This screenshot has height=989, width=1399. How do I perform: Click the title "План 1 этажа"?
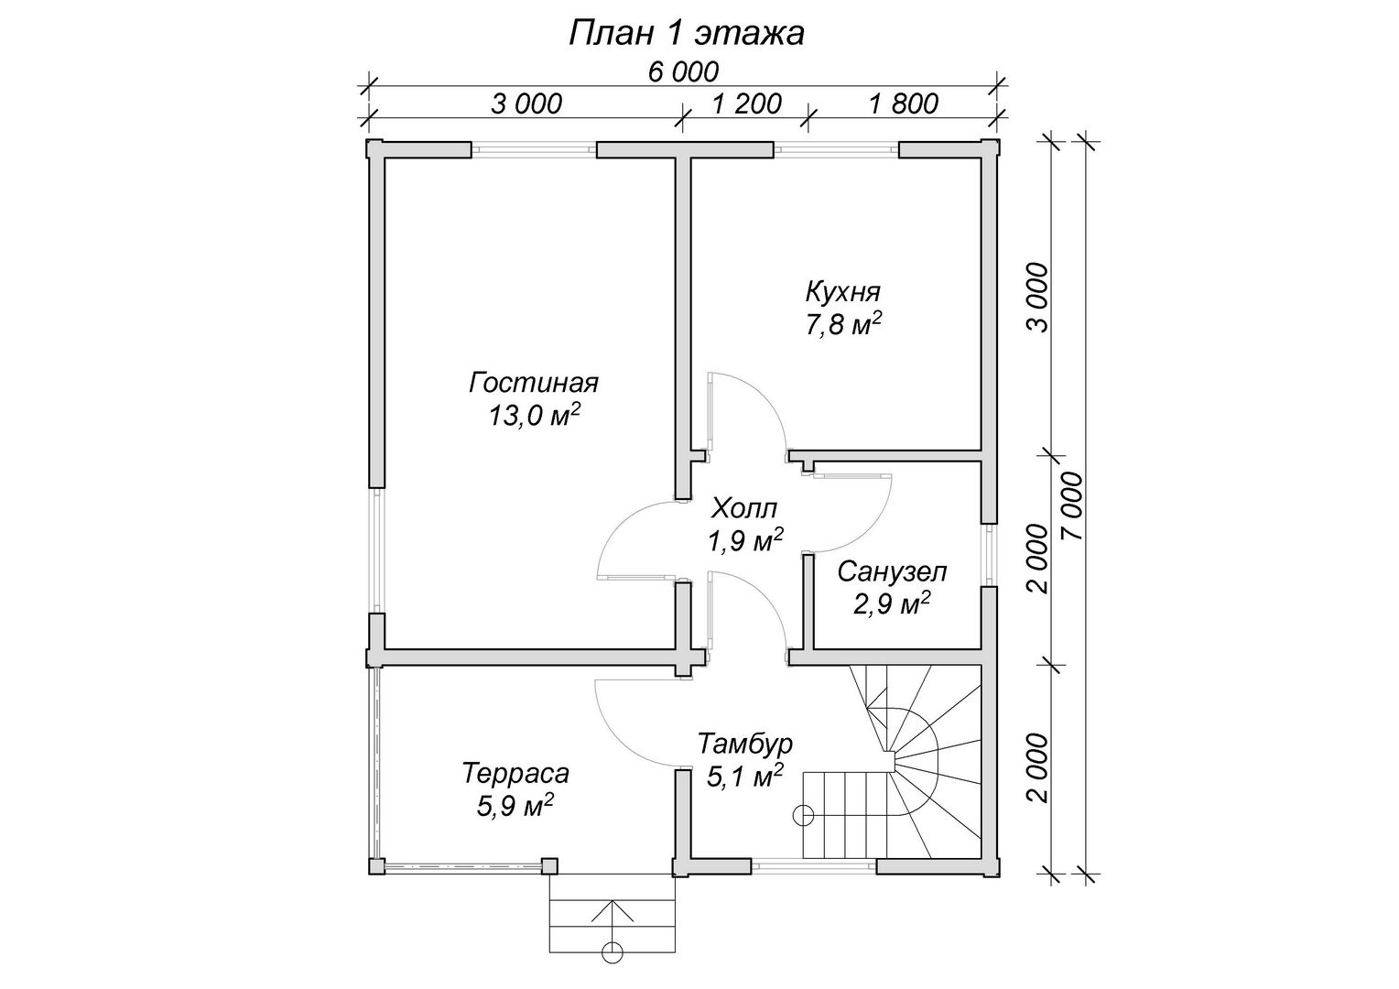[x=686, y=35]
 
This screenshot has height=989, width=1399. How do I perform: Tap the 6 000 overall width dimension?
[x=683, y=72]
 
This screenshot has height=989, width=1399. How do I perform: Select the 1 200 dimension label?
[x=746, y=104]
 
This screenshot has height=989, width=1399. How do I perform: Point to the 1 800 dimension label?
[x=903, y=104]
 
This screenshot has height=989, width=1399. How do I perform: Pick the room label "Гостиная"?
[x=534, y=383]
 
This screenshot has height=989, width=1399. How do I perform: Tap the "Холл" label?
[x=744, y=508]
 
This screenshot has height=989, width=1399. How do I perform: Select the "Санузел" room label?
[x=892, y=571]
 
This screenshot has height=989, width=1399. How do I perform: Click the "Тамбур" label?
[x=744, y=744]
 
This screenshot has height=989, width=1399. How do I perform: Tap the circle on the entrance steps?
[x=612, y=968]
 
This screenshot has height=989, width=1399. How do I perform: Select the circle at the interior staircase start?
[x=803, y=815]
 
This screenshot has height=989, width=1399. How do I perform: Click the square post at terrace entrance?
[x=549, y=866]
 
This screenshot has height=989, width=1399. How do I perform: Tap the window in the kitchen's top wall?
[x=836, y=149]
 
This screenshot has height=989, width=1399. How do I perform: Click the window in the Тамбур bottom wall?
[x=813, y=866]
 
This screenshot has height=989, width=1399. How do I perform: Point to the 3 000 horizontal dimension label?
[x=526, y=104]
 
